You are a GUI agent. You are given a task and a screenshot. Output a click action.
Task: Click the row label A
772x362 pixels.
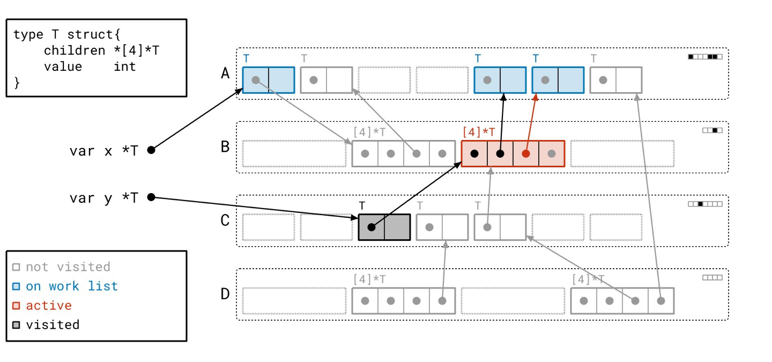(x=225, y=73)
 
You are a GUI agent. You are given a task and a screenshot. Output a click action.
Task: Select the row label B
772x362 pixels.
(x=225, y=146)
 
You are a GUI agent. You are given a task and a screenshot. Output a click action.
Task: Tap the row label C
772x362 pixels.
(x=225, y=220)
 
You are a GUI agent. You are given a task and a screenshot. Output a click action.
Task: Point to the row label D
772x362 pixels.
(x=225, y=294)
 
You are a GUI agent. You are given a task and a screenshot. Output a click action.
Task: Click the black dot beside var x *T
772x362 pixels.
(x=151, y=150)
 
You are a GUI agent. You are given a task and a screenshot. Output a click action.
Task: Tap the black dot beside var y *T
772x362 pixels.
(x=151, y=197)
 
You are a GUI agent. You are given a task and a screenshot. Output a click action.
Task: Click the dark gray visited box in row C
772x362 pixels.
(x=384, y=227)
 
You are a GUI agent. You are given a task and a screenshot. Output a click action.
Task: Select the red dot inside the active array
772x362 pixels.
(x=526, y=153)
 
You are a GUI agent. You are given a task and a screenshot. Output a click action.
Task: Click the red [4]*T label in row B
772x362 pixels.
(x=479, y=132)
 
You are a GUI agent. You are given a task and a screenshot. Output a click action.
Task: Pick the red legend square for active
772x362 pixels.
(x=16, y=306)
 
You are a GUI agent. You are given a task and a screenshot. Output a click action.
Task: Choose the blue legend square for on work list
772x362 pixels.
(x=16, y=286)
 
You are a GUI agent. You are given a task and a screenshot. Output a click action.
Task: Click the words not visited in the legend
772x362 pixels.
(x=68, y=267)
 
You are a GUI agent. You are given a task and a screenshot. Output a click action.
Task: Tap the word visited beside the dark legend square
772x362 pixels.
(x=53, y=325)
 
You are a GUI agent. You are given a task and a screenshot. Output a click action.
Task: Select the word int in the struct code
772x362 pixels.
(x=124, y=67)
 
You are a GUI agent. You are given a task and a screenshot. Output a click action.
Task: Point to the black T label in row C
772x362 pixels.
(x=362, y=205)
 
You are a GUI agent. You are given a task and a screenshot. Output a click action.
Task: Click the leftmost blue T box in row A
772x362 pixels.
(x=268, y=80)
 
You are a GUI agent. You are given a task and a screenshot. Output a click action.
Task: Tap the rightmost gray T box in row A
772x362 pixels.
(x=615, y=80)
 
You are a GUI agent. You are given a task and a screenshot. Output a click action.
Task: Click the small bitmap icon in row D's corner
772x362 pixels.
(x=712, y=278)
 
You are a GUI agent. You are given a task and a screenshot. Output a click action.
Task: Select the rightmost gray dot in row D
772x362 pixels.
(x=661, y=301)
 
